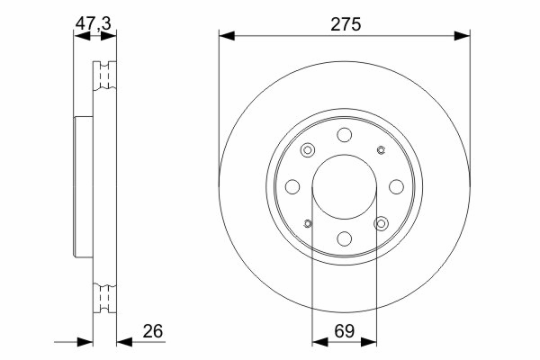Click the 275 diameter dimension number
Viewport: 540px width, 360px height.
(x=346, y=24)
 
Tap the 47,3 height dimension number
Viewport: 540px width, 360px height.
(x=94, y=23)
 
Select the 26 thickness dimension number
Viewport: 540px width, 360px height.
(x=153, y=331)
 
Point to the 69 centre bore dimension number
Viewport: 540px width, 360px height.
(x=345, y=331)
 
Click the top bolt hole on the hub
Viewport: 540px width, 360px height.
(x=345, y=135)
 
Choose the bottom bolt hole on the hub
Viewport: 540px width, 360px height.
(x=345, y=238)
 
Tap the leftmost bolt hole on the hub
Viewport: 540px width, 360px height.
(x=292, y=186)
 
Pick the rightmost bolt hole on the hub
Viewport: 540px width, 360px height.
(x=396, y=186)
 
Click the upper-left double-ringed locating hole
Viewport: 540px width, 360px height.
(x=308, y=150)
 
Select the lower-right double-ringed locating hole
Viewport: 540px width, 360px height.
(x=381, y=223)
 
